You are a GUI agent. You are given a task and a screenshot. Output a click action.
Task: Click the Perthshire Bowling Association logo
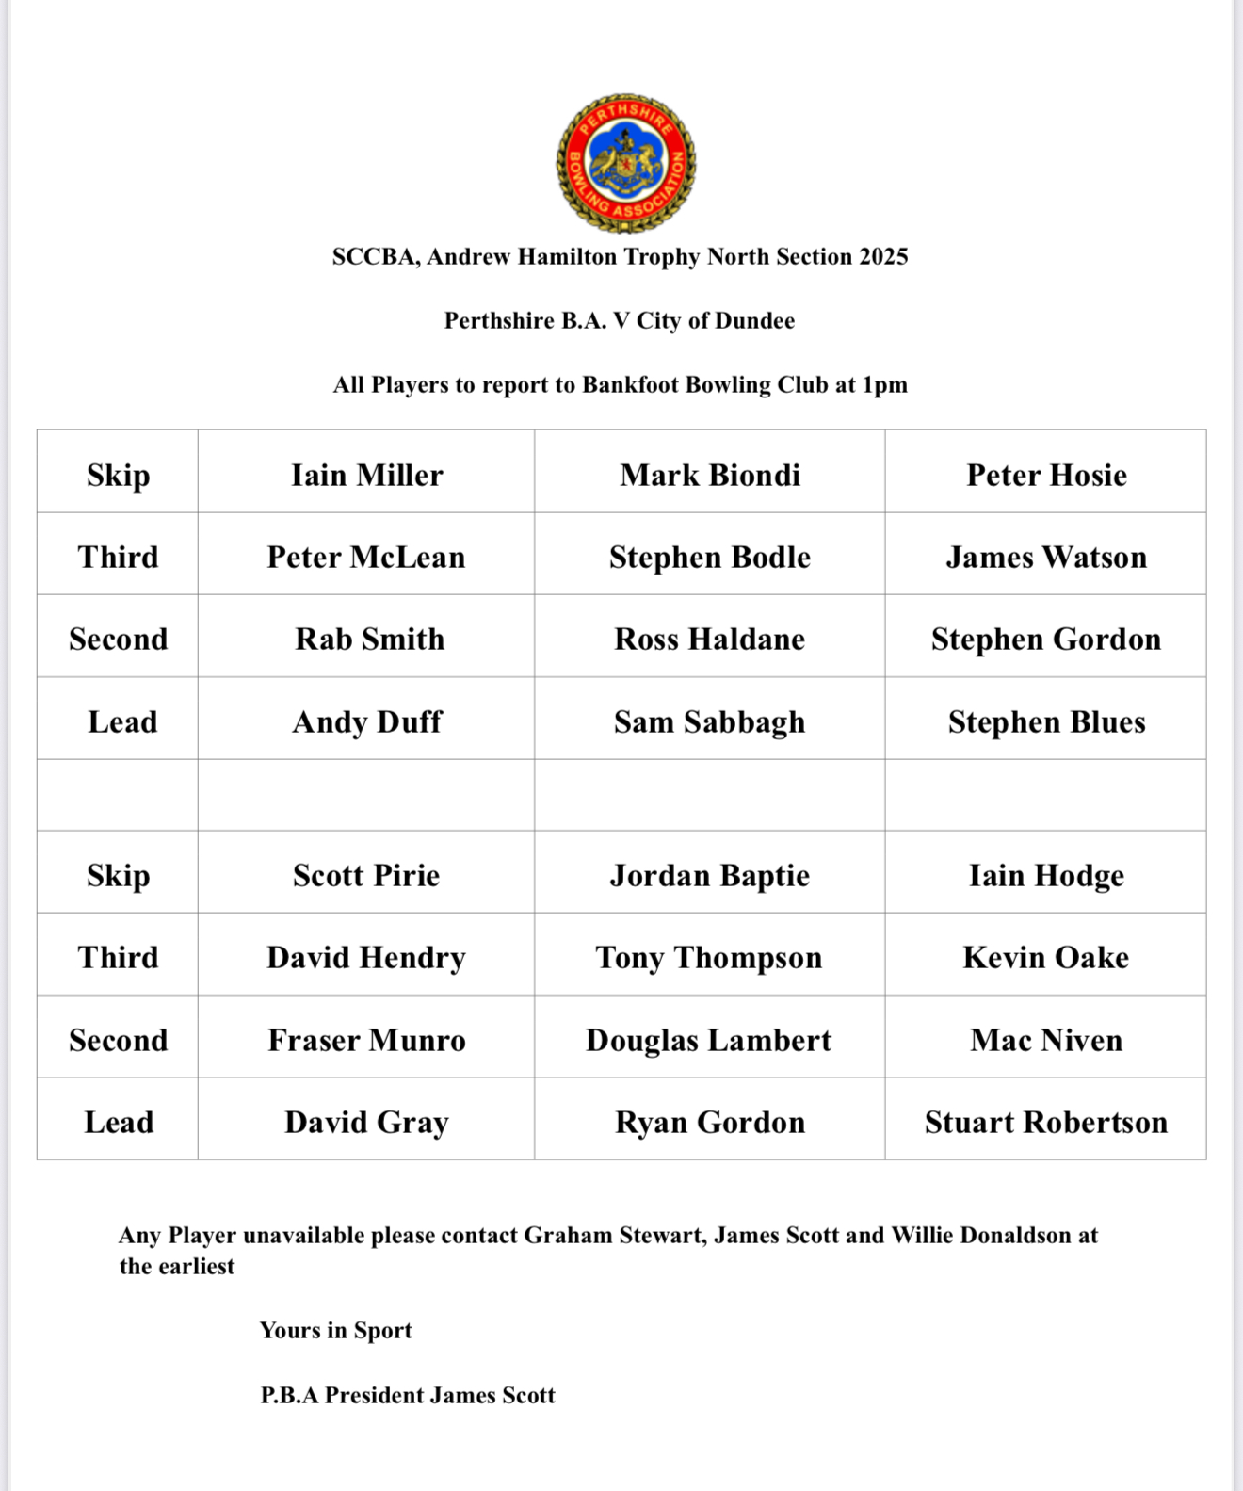625,163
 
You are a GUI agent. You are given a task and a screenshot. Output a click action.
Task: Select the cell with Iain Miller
366,475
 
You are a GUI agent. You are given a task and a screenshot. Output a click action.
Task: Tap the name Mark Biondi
710,475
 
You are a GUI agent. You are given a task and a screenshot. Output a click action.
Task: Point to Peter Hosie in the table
1046,475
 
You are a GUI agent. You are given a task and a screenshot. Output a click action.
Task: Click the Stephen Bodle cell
710,557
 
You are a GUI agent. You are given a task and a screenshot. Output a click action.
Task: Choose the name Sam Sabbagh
710,721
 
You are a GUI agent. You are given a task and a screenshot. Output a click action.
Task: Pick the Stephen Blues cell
1046,721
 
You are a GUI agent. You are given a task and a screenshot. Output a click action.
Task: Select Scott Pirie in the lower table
366,875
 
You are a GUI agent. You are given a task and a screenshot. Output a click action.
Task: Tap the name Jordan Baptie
710,875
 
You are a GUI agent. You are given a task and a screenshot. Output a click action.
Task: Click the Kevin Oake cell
1046,957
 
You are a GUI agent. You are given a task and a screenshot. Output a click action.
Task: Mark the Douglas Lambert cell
710,1040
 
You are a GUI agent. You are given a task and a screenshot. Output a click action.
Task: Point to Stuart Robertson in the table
1046,1122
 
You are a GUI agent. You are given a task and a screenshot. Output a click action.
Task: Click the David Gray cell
366,1122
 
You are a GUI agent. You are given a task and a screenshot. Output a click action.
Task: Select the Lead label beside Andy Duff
122,721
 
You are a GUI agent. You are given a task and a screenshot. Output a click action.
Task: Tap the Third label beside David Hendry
119,957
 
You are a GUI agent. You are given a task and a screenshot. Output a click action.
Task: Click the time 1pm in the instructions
884,384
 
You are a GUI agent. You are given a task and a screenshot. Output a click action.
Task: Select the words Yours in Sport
336,1330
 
